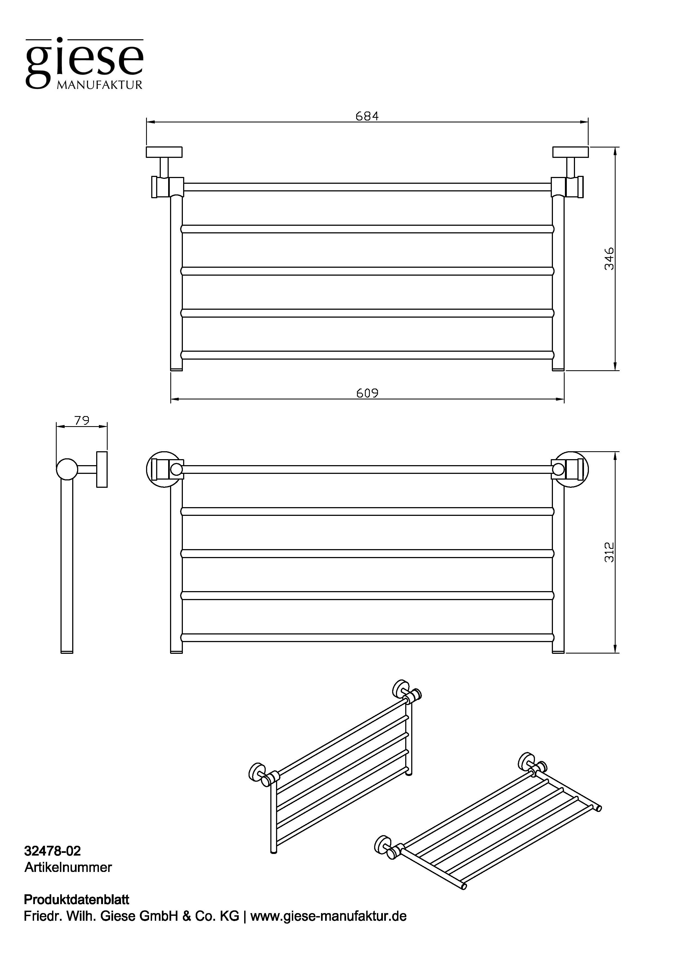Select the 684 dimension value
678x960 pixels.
pyautogui.click(x=367, y=116)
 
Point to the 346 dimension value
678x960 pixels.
pyautogui.click(x=609, y=258)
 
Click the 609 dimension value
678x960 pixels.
pyautogui.click(x=367, y=393)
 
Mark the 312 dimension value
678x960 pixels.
pyautogui.click(x=609, y=552)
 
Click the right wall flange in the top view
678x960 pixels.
pyautogui.click(x=570, y=152)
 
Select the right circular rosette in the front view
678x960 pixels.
pyautogui.click(x=570, y=470)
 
